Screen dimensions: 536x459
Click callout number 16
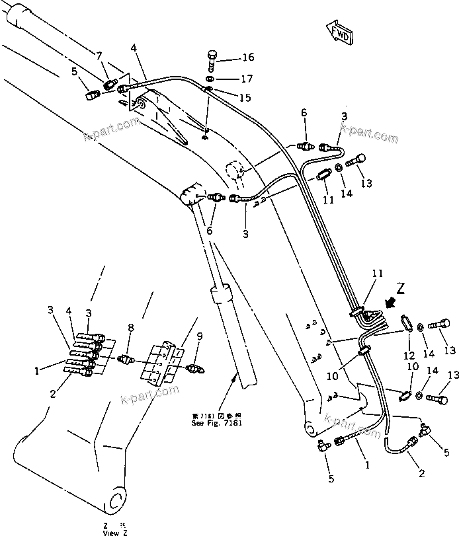pyautogui.click(x=229, y=57)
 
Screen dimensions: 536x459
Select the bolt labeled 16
pyautogui.click(x=211, y=59)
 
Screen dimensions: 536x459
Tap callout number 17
pyautogui.click(x=228, y=79)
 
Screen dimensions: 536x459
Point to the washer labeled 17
pyautogui.click(x=210, y=79)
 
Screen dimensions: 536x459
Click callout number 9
pyautogui.click(x=200, y=336)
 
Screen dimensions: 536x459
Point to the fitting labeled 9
pyautogui.click(x=195, y=367)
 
